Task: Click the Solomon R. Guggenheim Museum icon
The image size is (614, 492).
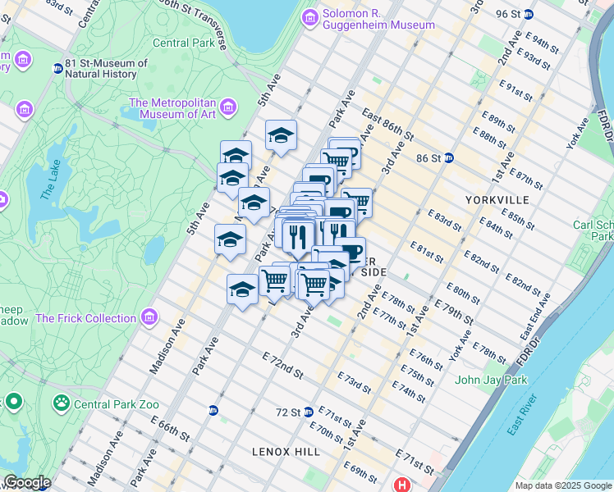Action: pos(309,17)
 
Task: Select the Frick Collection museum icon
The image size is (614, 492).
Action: pos(149,317)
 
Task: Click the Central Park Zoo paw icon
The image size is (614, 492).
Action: pos(61,403)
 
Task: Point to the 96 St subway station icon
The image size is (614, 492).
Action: pos(529,14)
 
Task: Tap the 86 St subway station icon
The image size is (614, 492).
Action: pos(449,157)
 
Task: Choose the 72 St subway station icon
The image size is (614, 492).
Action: pos(308,412)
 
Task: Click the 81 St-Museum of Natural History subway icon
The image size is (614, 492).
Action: pos(57,69)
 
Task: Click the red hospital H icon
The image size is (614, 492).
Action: pos(402,485)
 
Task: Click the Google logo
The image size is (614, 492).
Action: pos(26,483)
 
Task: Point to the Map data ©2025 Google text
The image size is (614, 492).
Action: pos(561,485)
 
